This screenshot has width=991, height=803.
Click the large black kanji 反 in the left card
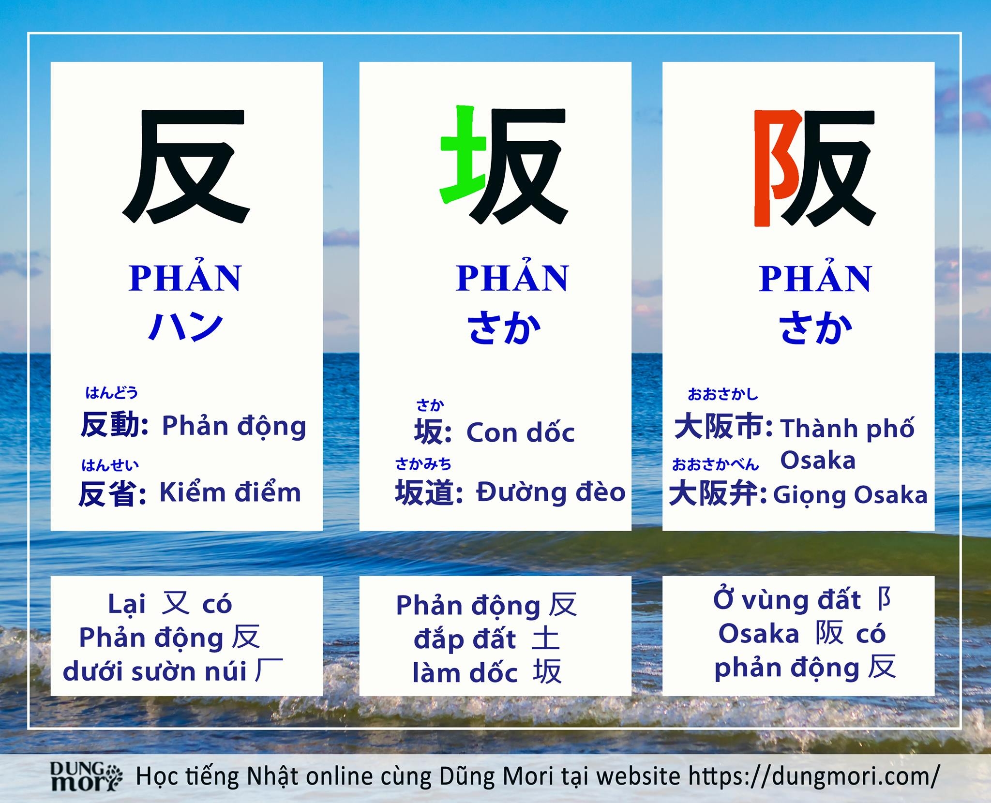pyautogui.click(x=186, y=166)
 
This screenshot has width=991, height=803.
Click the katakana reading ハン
pyautogui.click(x=185, y=327)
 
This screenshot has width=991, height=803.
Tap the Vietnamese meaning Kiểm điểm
pyautogui.click(x=230, y=492)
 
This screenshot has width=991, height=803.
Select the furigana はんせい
pyautogui.click(x=110, y=465)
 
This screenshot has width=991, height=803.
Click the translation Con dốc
pyautogui.click(x=520, y=432)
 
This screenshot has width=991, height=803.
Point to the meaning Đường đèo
pyautogui.click(x=551, y=492)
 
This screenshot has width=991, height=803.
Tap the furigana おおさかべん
pyautogui.click(x=715, y=465)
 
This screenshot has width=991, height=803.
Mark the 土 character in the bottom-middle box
pyautogui.click(x=546, y=638)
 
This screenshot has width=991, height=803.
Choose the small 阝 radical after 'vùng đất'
pyautogui.click(x=884, y=600)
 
